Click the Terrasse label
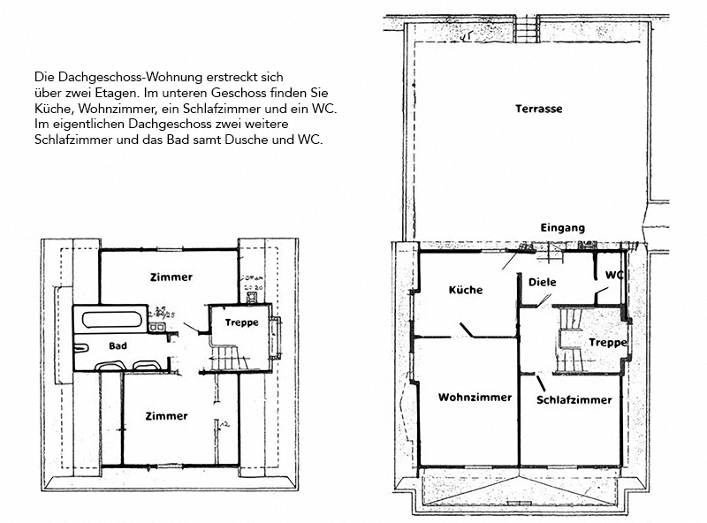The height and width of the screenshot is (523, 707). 538,109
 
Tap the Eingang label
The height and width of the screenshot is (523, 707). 562,228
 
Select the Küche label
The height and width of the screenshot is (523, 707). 466,290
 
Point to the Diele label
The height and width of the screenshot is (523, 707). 541,283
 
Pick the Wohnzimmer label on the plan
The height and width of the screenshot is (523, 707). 475,398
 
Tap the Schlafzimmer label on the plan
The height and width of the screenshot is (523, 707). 574,400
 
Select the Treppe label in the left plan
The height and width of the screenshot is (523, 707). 240,322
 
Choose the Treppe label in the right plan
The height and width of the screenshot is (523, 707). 607,342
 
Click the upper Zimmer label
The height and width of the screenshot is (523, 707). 171,277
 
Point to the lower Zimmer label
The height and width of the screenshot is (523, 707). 166,415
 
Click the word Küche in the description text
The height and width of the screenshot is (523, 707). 51,107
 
